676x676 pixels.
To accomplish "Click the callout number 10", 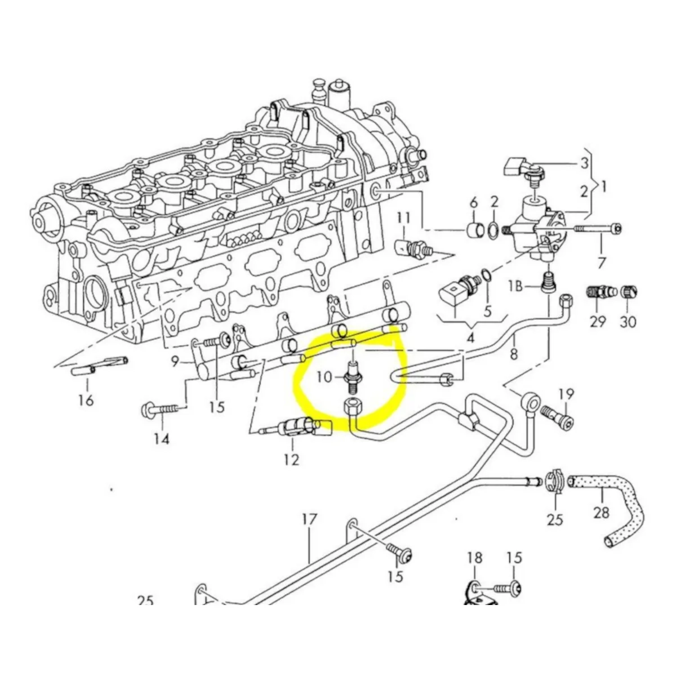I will pyautogui.click(x=324, y=376).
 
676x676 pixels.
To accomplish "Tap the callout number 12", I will pyautogui.click(x=291, y=460).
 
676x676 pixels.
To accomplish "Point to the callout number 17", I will pyautogui.click(x=309, y=519).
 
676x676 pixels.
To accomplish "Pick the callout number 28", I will pyautogui.click(x=601, y=512).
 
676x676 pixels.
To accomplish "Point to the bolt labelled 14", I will pyautogui.click(x=161, y=407).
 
